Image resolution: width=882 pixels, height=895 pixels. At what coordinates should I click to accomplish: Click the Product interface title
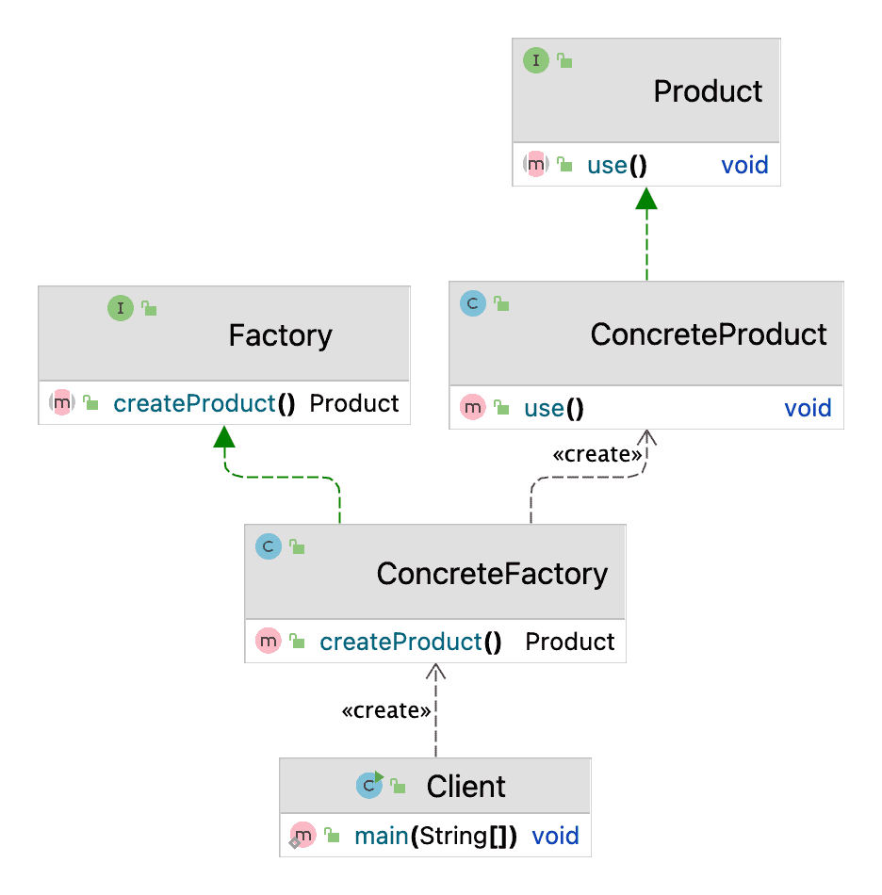[x=708, y=91]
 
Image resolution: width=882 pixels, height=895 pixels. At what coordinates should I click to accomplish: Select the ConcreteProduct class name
[x=709, y=334]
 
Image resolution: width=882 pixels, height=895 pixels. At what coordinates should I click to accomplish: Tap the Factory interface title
[x=280, y=336]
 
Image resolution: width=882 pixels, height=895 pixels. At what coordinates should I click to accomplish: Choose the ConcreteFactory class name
[x=492, y=574]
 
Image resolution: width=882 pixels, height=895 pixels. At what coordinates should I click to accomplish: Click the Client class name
[x=465, y=787]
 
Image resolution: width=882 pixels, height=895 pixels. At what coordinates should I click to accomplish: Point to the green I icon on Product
[x=535, y=61]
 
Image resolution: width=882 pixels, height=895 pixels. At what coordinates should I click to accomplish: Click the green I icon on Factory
[x=121, y=307]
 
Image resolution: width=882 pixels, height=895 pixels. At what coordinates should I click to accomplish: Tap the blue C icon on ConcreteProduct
[x=472, y=303]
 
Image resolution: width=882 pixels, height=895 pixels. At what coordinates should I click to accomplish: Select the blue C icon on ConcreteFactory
[x=269, y=546]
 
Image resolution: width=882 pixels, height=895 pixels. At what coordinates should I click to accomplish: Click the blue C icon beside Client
[x=368, y=785]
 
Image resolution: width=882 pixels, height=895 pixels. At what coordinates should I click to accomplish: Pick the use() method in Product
[x=616, y=166]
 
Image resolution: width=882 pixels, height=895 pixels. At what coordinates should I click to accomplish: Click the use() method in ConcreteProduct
[x=553, y=409]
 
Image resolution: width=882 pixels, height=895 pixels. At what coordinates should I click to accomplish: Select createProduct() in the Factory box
[x=204, y=404]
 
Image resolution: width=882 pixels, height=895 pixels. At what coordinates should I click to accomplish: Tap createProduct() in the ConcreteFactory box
[x=410, y=643]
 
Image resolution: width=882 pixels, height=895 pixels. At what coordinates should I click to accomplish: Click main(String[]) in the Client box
[x=435, y=836]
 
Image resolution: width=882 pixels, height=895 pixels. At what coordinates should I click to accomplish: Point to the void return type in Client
[x=555, y=836]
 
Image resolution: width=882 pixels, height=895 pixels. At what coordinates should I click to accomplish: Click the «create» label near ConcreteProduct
[x=597, y=455]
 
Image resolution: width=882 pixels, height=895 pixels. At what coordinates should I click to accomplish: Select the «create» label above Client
[x=386, y=711]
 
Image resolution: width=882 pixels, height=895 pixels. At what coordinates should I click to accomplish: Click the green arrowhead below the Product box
[x=646, y=198]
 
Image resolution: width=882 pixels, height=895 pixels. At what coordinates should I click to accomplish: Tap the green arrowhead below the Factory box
[x=224, y=436]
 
